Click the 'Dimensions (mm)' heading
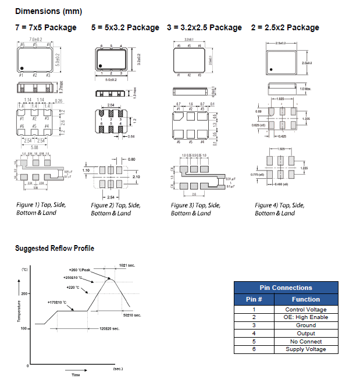48,11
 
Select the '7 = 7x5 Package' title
46,27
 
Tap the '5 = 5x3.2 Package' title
125,27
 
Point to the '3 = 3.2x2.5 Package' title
204,27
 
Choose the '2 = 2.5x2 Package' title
285,27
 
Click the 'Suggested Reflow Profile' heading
54,249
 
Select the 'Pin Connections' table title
286,288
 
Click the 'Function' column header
306,299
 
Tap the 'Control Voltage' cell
306,310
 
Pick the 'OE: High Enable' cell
306,317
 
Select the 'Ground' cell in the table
306,325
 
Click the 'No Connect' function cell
306,342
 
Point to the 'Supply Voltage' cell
306,349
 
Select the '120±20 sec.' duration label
109,329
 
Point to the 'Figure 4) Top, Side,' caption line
279,206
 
